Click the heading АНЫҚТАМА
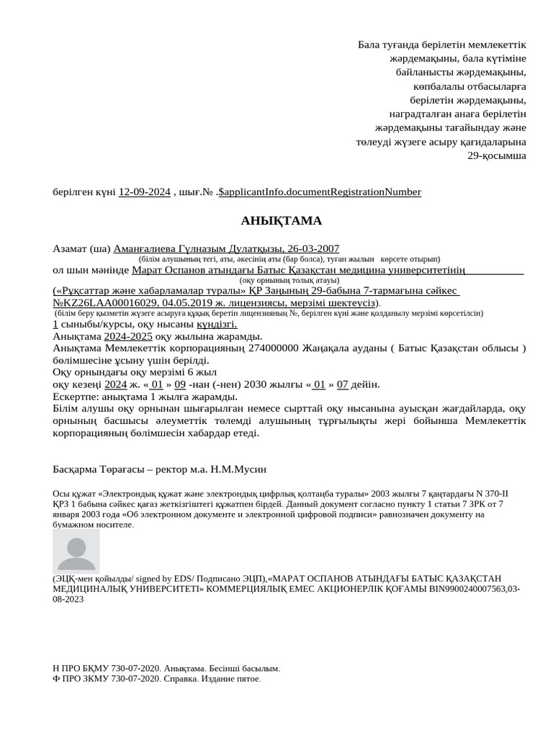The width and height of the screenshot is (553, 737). tap(281, 221)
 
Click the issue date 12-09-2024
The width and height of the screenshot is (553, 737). tap(144, 192)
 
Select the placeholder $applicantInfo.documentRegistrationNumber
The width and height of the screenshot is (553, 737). tap(320, 192)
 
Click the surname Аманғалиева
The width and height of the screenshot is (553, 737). tap(143, 248)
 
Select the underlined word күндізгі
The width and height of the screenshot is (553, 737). tap(217, 325)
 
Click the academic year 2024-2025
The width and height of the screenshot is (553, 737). tap(128, 336)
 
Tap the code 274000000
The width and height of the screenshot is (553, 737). tap(273, 348)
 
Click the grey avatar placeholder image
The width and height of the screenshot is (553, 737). tap(76, 553)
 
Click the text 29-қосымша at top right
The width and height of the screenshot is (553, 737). tap(497, 155)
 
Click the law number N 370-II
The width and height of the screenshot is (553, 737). tap(488, 494)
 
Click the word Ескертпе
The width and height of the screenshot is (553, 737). tap(76, 397)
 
